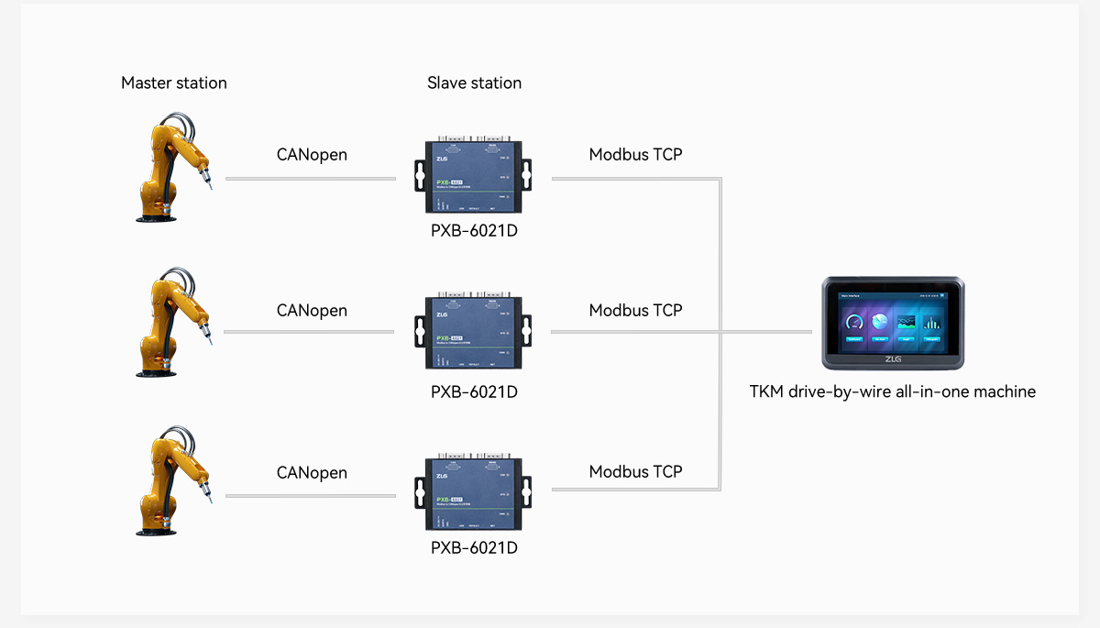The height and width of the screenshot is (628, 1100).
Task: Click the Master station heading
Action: click(x=173, y=83)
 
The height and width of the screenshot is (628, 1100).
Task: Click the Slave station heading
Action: click(x=474, y=83)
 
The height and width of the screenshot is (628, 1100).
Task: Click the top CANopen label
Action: click(x=312, y=154)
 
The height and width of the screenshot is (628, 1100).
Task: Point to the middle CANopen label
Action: click(x=312, y=310)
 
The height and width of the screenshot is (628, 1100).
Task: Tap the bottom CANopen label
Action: click(x=312, y=472)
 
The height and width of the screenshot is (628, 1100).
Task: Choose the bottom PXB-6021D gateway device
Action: click(x=473, y=493)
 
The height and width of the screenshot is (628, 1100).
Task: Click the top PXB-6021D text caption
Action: click(x=474, y=230)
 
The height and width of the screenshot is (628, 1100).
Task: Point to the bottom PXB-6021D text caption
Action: click(x=474, y=547)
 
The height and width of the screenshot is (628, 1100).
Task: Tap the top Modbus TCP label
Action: click(x=635, y=154)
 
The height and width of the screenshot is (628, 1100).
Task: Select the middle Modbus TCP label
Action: click(x=635, y=310)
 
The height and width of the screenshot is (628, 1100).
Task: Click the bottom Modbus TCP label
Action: click(x=635, y=471)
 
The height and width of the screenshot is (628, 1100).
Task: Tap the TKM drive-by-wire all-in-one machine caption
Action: click(x=892, y=391)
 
